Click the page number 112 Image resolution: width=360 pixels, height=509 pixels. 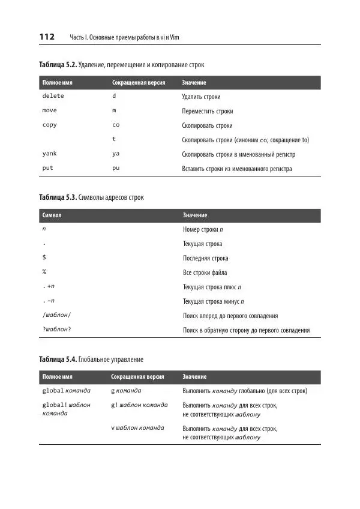coord(47,37)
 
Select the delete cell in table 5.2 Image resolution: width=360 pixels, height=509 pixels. coord(53,96)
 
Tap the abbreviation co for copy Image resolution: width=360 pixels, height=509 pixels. coord(116,125)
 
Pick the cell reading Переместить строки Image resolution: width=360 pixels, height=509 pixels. coord(207,111)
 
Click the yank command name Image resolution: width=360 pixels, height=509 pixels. coord(49,154)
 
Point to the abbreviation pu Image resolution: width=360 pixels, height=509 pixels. coord(116,168)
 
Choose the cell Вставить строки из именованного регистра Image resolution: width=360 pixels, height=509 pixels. coord(236,169)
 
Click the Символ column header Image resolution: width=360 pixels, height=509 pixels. coord(52,215)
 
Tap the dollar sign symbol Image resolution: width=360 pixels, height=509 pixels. coord(44,258)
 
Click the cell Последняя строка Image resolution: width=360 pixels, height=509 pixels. coord(205,258)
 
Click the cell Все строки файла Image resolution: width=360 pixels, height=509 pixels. coord(205,273)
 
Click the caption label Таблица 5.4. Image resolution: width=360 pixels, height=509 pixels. coord(58,360)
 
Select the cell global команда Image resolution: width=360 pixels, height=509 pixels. coord(66,391)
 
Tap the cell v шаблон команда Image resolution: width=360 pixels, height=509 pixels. coord(139,428)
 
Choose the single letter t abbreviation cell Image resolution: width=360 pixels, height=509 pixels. coord(114,139)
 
